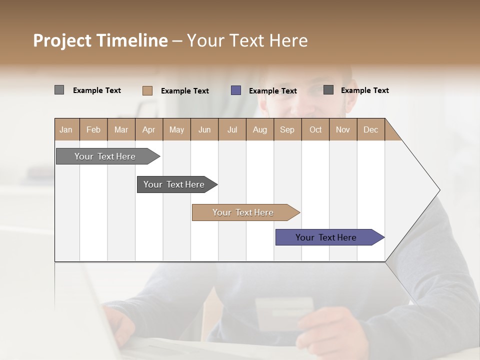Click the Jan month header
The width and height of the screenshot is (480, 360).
(x=66, y=129)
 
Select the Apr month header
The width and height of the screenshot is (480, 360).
(x=149, y=129)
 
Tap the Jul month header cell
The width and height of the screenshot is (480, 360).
(x=232, y=129)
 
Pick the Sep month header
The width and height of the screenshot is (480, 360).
(x=287, y=129)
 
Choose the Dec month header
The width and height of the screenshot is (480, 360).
(x=370, y=129)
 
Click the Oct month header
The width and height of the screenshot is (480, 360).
(x=315, y=129)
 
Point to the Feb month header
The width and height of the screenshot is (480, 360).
(x=93, y=129)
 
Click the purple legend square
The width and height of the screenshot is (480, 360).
(x=236, y=90)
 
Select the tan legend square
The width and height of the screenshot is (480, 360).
(x=147, y=90)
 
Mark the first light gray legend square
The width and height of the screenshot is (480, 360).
(x=59, y=90)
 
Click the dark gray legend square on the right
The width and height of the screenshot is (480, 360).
(x=328, y=89)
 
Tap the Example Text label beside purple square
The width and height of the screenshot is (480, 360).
(x=272, y=91)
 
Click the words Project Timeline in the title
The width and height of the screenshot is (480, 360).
(x=100, y=40)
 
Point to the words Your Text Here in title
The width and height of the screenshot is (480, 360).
(x=247, y=40)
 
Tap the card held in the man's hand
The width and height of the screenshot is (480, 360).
(x=283, y=312)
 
